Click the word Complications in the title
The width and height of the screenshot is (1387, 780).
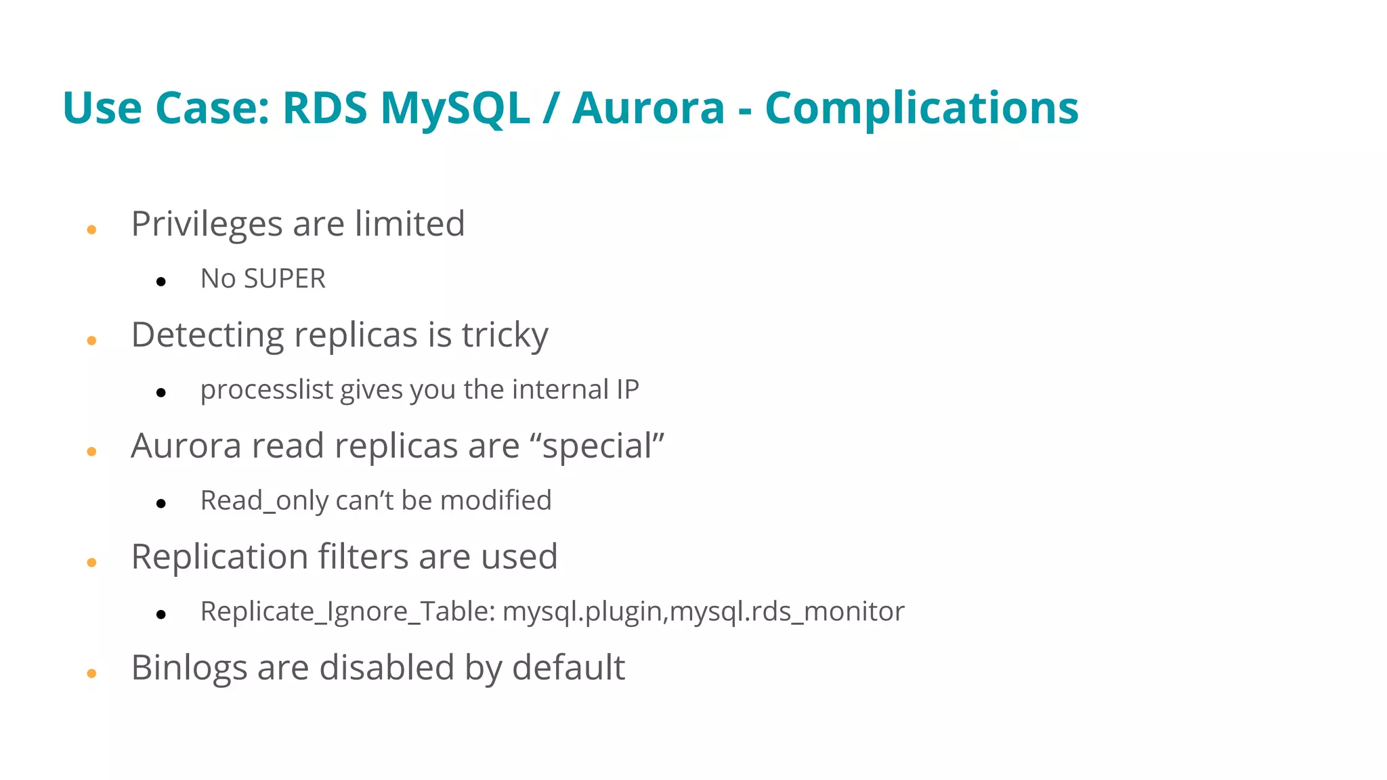(x=921, y=108)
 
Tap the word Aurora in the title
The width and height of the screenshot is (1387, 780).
(x=648, y=108)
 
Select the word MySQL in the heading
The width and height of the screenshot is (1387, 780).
(x=454, y=108)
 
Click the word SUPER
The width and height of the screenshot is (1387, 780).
(x=284, y=279)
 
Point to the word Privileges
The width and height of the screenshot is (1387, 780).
(x=207, y=224)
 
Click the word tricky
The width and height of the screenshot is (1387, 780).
(x=505, y=335)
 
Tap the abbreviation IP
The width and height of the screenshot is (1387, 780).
(x=627, y=389)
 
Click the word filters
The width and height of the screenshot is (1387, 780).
(x=364, y=557)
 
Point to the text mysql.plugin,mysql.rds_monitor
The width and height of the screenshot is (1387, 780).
(x=703, y=612)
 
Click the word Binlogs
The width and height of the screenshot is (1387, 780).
(x=189, y=668)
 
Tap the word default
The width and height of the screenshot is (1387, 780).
(x=568, y=668)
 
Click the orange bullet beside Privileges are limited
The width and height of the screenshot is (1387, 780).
(x=91, y=230)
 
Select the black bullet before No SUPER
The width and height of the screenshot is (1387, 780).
(x=161, y=282)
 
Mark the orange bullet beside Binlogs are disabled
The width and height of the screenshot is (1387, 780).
(x=91, y=674)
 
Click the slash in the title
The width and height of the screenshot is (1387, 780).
(x=550, y=108)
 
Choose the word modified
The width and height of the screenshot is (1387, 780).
(x=496, y=501)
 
